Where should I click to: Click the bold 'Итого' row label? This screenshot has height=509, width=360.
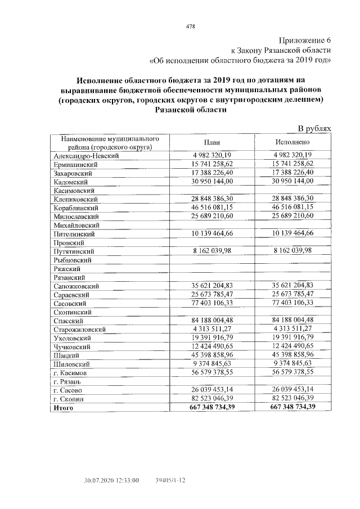(x=64, y=408)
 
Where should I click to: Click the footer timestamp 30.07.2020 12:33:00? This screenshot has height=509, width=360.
(x=111, y=480)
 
